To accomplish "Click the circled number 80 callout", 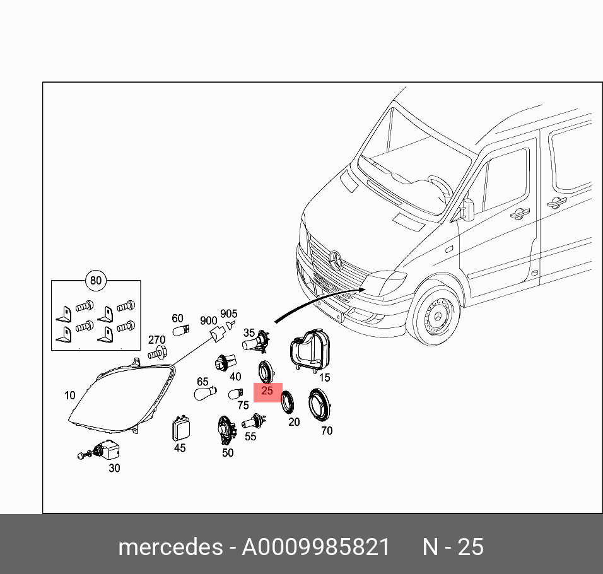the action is tap(95, 281).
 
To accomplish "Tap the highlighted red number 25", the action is tap(267, 391).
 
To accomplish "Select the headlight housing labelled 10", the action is tap(120, 397).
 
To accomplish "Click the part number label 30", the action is tap(114, 468).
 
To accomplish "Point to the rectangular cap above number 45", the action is tap(180, 429).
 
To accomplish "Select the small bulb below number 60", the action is tap(180, 331).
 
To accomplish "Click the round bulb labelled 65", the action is tap(206, 394).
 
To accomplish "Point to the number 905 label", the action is tap(228, 314).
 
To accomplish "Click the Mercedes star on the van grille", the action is tap(335, 259).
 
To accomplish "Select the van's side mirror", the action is tap(467, 209).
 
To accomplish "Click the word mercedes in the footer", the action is tap(170, 547).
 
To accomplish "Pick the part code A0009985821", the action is tap(316, 547).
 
